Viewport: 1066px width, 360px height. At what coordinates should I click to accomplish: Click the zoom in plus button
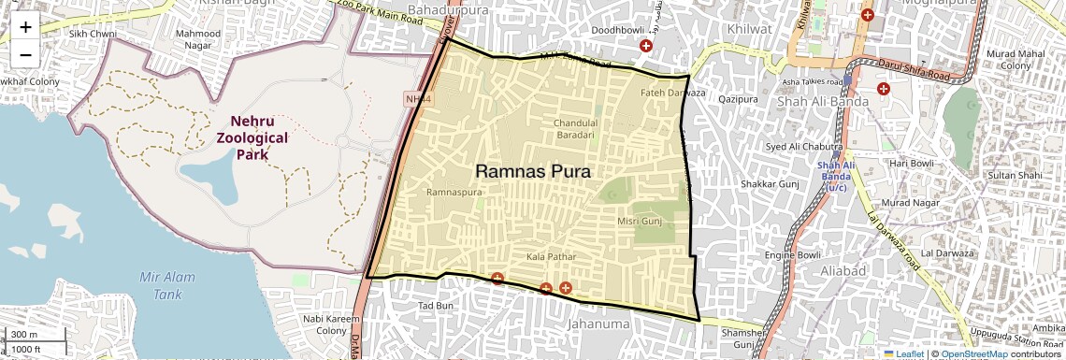25,26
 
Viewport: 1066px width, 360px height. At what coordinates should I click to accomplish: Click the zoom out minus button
25,54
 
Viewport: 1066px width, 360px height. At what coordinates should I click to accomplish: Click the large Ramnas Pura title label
533,171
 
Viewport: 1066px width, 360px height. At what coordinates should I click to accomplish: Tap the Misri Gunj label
639,221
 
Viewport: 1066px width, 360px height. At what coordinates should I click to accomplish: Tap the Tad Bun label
436,306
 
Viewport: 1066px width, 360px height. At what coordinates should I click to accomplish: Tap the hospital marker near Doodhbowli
645,46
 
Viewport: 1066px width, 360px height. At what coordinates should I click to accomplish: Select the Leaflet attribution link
905,353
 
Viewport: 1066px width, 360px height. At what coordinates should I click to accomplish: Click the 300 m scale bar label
25,335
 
